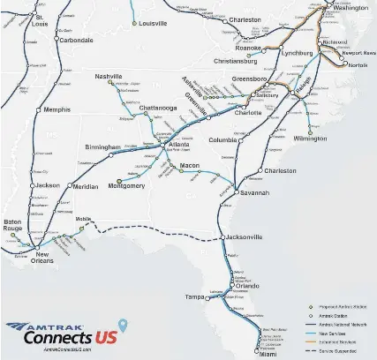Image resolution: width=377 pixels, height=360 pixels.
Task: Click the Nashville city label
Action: (x=109, y=77)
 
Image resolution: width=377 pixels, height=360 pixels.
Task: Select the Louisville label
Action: (x=153, y=24)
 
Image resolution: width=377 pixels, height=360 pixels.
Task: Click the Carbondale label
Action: (x=76, y=40)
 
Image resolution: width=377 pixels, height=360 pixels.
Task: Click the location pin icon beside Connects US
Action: (x=123, y=325)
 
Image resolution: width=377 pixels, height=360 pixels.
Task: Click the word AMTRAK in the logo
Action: (x=65, y=323)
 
